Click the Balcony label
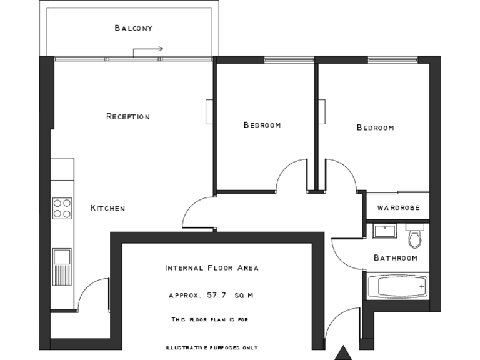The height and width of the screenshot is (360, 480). [134, 28]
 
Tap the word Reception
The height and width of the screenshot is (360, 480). [128, 116]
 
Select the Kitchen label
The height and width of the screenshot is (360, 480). [107, 208]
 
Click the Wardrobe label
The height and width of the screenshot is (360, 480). [398, 208]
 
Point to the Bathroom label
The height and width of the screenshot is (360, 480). [396, 257]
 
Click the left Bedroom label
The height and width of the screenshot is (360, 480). [262, 125]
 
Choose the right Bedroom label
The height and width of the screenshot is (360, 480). [375, 127]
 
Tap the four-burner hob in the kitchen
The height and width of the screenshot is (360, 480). [62, 208]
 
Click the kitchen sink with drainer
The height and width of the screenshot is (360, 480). [62, 266]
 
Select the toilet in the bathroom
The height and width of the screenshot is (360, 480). [414, 237]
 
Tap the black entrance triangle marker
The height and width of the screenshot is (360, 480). [342, 354]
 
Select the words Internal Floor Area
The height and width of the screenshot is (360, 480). [211, 268]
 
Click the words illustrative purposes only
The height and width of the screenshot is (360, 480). [211, 347]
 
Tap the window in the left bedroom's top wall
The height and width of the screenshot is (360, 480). [287, 60]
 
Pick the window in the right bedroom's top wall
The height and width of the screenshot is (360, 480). [392, 60]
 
